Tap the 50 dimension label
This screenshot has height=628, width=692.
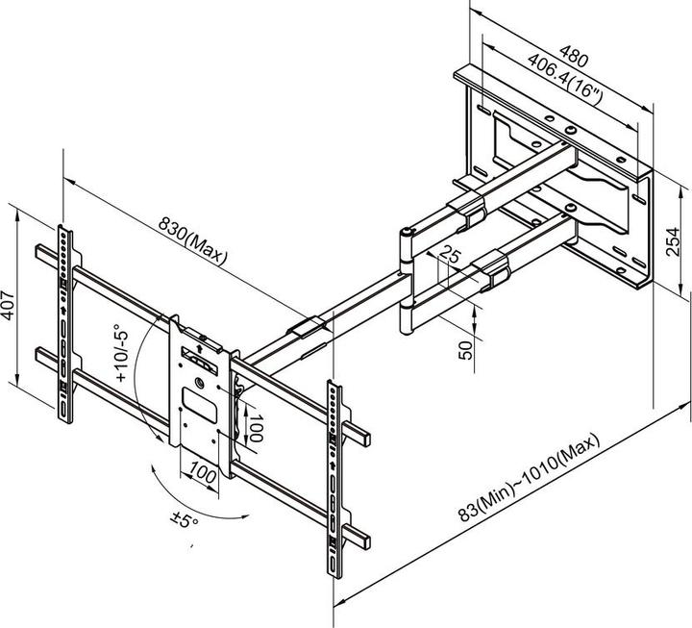click(466, 348)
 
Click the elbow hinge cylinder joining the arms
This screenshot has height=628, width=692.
click(408, 279)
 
